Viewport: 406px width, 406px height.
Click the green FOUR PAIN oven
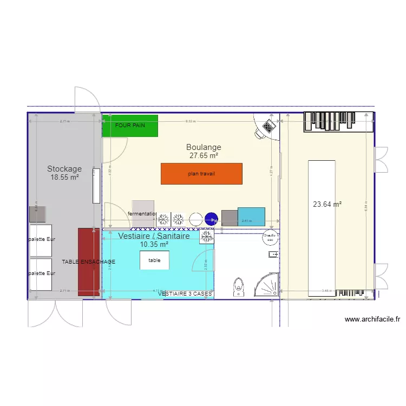click(x=130, y=126)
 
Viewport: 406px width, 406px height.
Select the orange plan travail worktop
click(x=201, y=174)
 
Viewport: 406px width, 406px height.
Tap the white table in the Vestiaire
click(x=154, y=260)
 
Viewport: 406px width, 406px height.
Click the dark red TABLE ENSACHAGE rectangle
click(x=89, y=262)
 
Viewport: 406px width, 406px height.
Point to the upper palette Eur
click(x=40, y=240)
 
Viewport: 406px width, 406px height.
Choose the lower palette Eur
click(x=40, y=273)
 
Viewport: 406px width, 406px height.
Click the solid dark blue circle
click(x=211, y=219)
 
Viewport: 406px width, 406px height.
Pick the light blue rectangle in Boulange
click(x=251, y=217)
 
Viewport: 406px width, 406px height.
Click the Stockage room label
click(x=64, y=169)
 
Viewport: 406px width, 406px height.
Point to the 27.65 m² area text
click(x=204, y=155)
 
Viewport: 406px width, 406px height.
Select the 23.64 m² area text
click(x=327, y=205)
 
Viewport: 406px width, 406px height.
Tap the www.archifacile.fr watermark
click(x=372, y=319)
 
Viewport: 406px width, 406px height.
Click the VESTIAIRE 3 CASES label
click(x=185, y=293)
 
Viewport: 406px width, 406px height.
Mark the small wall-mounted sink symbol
click(x=273, y=254)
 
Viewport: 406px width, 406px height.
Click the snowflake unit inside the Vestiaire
click(x=206, y=237)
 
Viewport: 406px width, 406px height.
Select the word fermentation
click(x=142, y=214)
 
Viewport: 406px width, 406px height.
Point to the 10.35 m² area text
click(x=154, y=245)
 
